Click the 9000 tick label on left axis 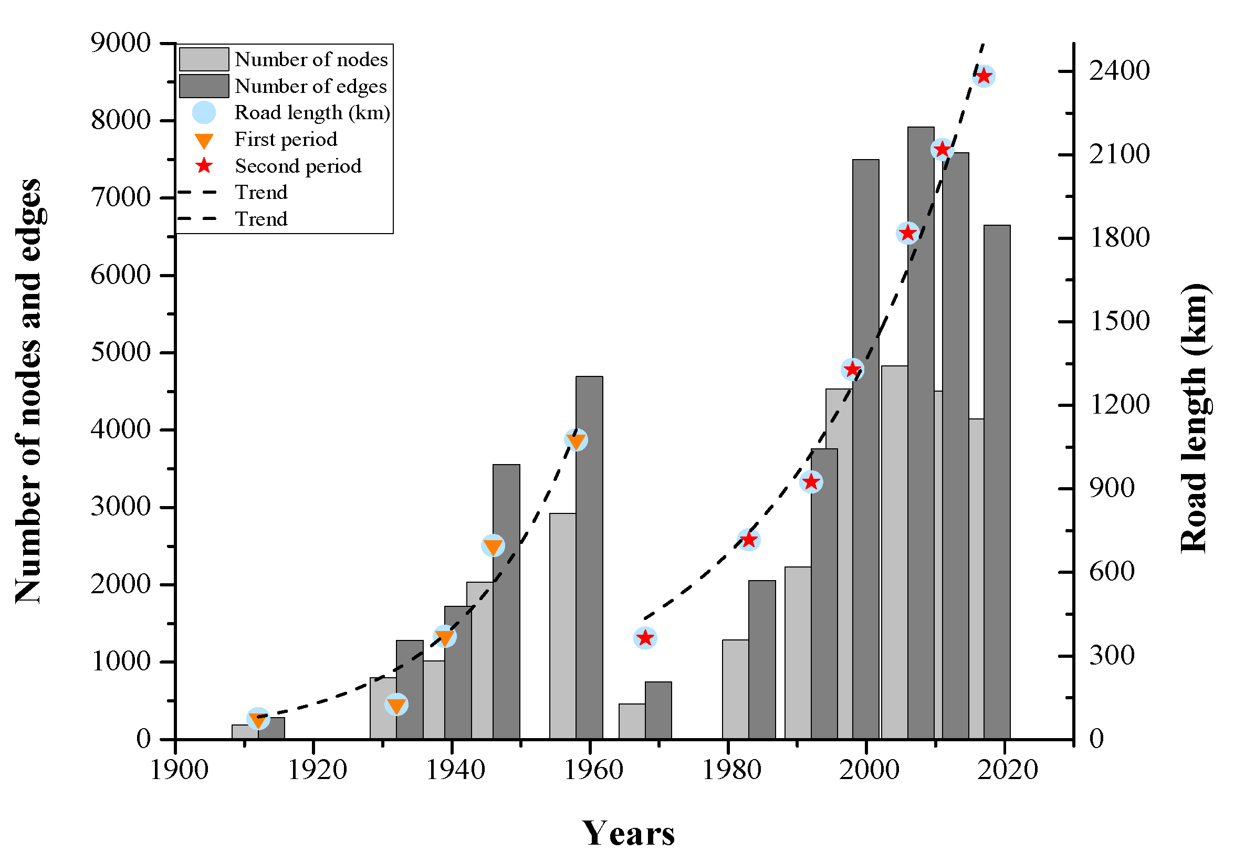pos(120,43)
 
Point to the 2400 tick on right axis pos(1119,70)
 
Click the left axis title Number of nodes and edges pos(28,391)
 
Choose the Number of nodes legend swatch pos(204,59)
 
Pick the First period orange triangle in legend pos(204,140)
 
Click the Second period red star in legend pos(204,166)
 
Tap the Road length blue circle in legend pos(204,113)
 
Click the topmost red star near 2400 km pos(984,76)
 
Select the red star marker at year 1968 pos(645,638)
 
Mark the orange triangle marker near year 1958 pos(576,440)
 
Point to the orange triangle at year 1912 pos(258,719)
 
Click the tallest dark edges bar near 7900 pos(921,430)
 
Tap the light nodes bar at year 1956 pos(562,626)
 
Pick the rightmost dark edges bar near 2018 pos(997,483)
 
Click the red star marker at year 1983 pos(748,540)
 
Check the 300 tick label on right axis pos(1112,656)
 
